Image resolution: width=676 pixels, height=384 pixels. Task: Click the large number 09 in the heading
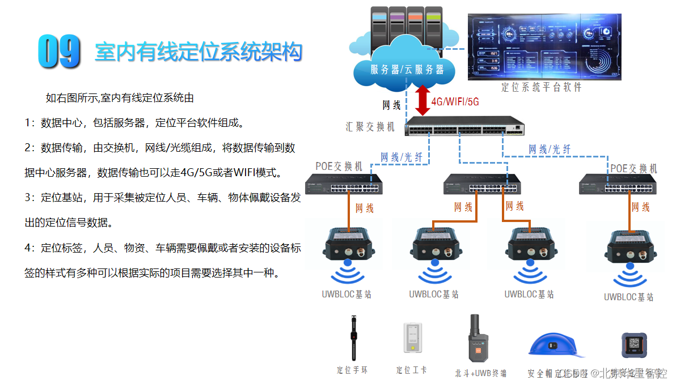point(59,52)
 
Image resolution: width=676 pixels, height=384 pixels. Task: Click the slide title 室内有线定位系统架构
point(198,52)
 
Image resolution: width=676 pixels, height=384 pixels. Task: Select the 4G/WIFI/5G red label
point(455,102)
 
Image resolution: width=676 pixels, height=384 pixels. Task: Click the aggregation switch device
point(464,126)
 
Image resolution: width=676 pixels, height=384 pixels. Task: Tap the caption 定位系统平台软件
point(541,87)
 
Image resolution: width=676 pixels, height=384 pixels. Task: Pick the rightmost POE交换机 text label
point(633,168)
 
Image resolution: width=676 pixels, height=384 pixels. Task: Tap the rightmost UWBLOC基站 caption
point(628,297)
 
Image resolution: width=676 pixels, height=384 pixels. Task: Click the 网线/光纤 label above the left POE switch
point(398,157)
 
